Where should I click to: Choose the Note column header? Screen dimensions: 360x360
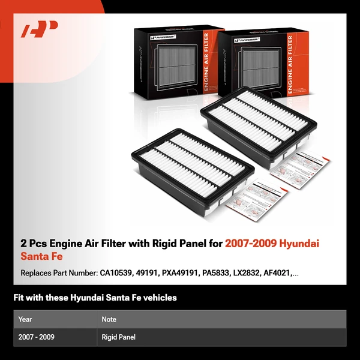coord(109,319)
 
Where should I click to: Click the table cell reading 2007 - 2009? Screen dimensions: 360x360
coord(37,337)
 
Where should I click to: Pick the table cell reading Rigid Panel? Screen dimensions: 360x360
coord(119,337)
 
